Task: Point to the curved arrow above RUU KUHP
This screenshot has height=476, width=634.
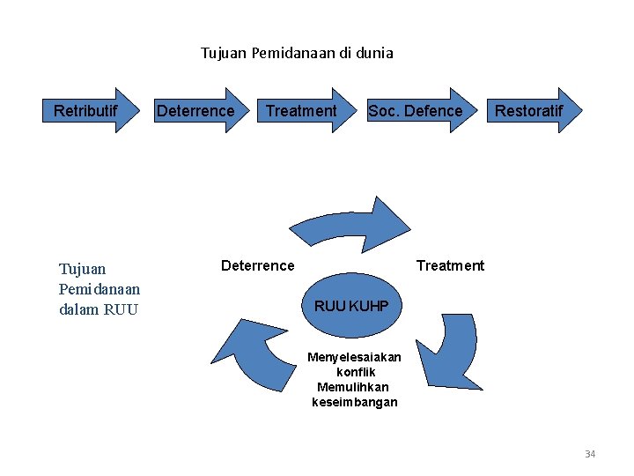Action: pos(352,223)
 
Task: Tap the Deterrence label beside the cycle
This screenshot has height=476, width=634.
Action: pos(258,265)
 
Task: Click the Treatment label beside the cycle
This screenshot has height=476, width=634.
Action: pos(450,265)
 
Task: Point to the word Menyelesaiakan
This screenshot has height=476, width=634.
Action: pos(354,357)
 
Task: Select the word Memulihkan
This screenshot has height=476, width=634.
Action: pos(353,387)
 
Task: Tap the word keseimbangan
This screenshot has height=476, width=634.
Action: pos(355,402)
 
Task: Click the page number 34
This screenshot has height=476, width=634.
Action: pos(590,454)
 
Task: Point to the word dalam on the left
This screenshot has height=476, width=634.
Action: pos(78,309)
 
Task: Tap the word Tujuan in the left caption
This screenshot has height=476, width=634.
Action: pos(82,269)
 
